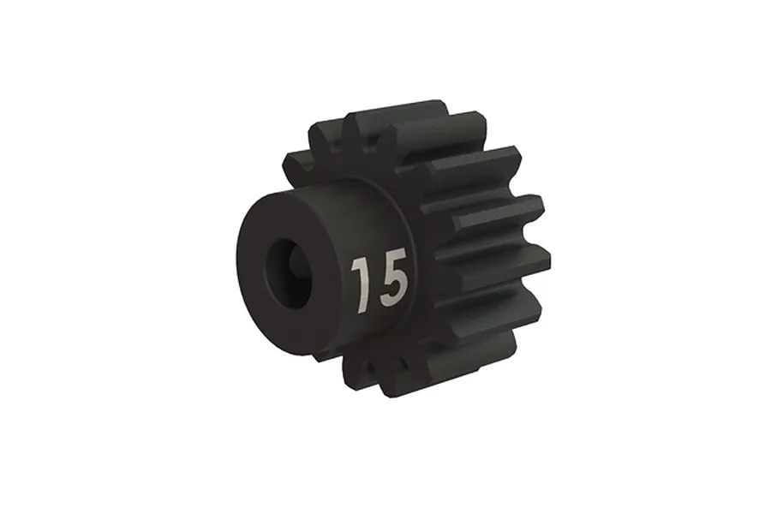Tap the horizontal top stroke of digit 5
point(395,256)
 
